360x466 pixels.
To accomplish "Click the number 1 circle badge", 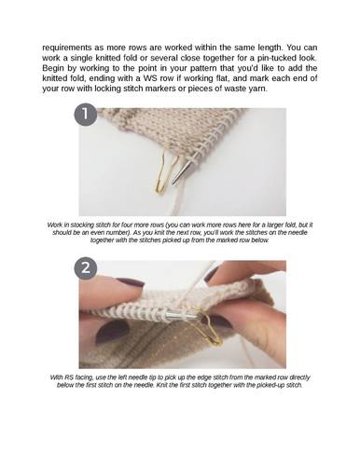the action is [86, 114].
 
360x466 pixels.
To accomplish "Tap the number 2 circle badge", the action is [86, 267].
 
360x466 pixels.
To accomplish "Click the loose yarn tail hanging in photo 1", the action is [177, 199].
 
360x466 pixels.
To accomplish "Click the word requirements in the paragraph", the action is [67, 48].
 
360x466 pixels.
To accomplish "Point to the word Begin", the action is [53, 68].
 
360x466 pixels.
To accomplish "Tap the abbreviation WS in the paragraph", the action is [150, 78].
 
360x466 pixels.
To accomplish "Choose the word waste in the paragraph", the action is [235, 89].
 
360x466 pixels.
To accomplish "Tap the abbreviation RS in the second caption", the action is [69, 377].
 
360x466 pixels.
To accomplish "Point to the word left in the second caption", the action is [123, 377].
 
